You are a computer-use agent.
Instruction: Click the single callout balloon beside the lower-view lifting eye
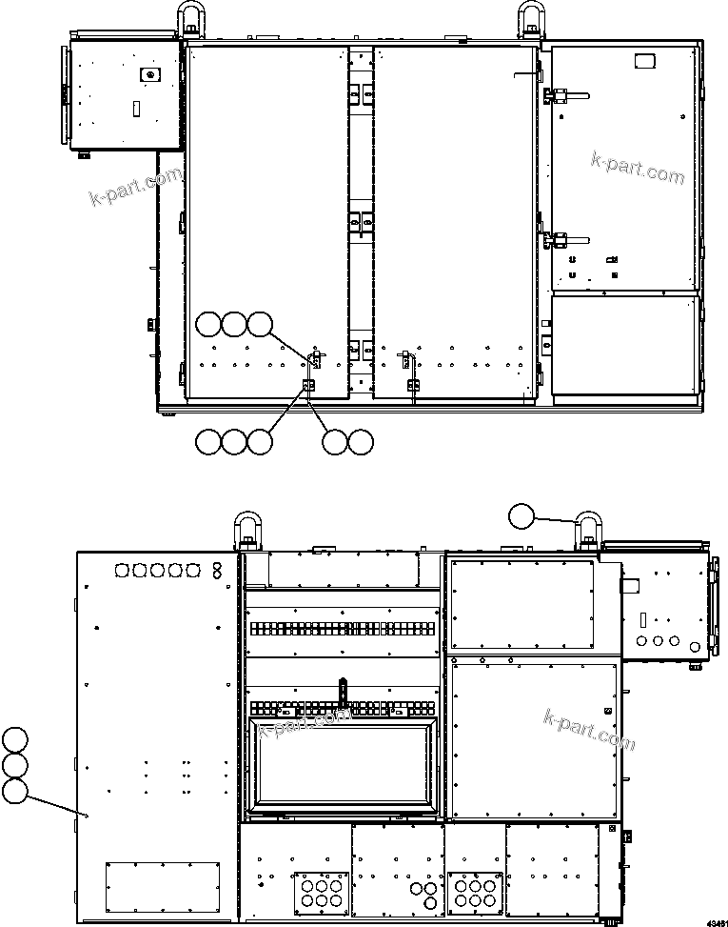tap(521, 517)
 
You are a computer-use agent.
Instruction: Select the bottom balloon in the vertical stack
tap(14, 790)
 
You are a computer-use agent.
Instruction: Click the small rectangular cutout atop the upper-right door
tap(645, 61)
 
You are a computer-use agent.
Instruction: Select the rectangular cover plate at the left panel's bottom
tap(162, 884)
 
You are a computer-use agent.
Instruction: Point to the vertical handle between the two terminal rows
tap(343, 691)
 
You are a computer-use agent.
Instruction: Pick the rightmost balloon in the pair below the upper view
tap(361, 441)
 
